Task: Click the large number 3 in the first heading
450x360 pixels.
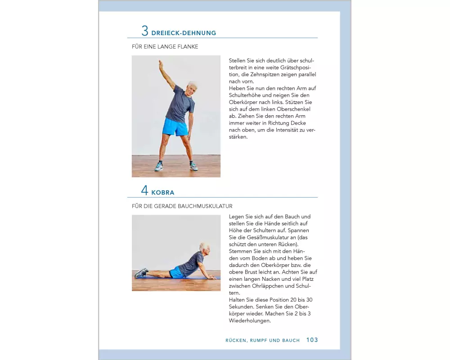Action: point(145,31)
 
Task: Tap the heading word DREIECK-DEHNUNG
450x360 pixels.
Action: point(184,33)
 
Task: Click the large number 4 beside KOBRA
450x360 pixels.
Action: point(144,190)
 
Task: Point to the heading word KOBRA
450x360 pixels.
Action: point(163,193)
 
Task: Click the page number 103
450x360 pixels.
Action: point(312,340)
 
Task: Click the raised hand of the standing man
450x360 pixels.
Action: point(161,64)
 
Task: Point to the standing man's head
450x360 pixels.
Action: point(191,89)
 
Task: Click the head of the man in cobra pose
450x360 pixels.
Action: point(205,248)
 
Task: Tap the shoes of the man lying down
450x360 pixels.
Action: point(141,273)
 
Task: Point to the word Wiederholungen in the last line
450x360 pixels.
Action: point(250,321)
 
